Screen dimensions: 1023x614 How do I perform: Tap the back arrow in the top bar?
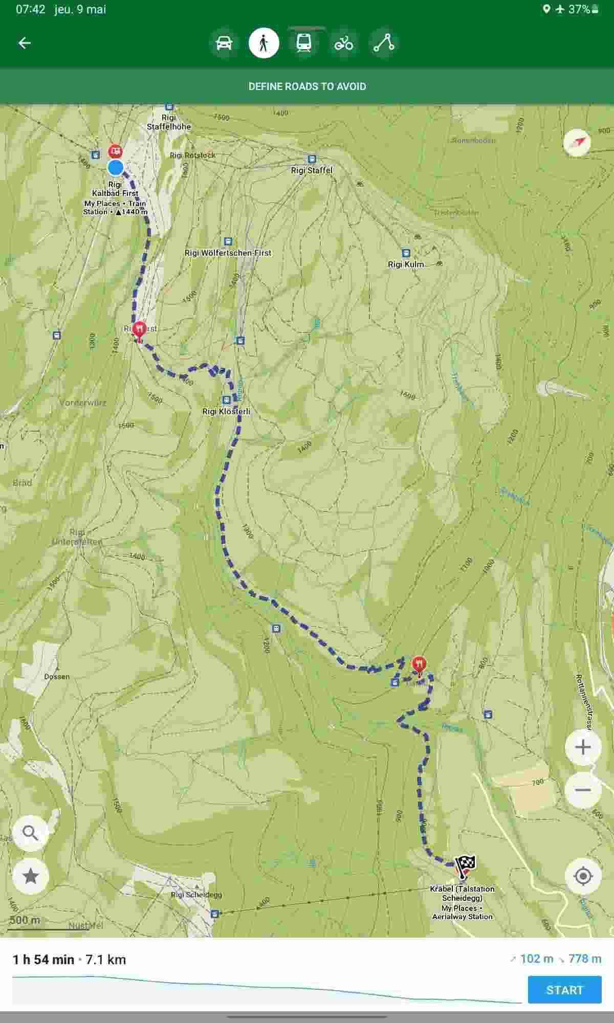[25, 43]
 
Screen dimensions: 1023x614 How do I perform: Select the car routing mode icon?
[224, 43]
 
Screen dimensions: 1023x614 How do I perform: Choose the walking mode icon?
[264, 43]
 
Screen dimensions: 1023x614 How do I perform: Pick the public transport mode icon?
[304, 43]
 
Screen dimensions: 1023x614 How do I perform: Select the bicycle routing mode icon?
[344, 43]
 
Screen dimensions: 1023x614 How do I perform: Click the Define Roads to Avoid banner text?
[307, 86]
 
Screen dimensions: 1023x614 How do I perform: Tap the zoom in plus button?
[582, 747]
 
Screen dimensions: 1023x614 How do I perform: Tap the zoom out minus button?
[582, 790]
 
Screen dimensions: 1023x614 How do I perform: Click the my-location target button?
[582, 876]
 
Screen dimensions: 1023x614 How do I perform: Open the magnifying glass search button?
[31, 833]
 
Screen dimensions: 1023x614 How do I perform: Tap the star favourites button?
[31, 876]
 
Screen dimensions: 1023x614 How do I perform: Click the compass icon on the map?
[577, 142]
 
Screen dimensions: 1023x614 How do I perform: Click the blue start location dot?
[116, 167]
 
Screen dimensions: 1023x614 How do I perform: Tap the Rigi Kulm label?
[406, 264]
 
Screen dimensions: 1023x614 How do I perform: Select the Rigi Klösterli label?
[226, 411]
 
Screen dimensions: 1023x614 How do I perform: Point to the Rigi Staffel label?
[312, 170]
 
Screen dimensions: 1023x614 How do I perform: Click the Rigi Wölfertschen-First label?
[228, 253]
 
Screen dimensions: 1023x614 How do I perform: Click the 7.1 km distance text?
[106, 960]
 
